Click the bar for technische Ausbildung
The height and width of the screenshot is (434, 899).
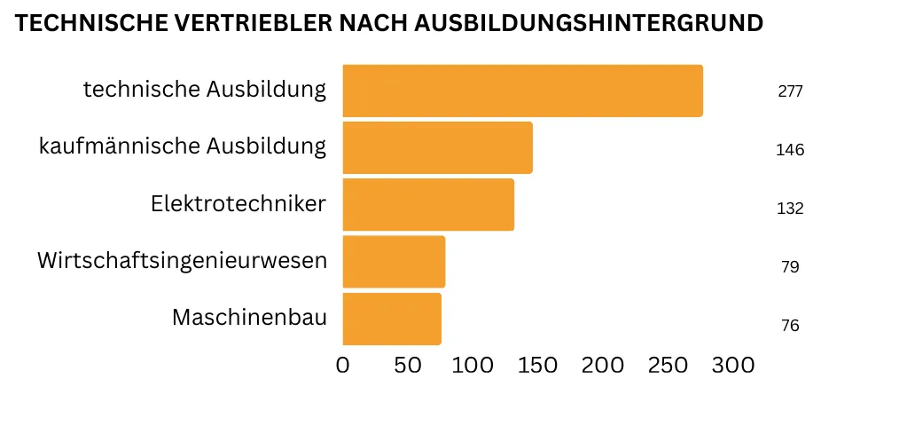[x=522, y=91]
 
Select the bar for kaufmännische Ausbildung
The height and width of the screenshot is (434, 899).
[x=437, y=147]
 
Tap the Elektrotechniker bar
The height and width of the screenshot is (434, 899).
[x=428, y=204]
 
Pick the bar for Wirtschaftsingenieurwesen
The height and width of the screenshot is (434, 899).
[x=394, y=261]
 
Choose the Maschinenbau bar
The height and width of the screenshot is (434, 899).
[x=392, y=319]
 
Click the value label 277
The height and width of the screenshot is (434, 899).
[x=790, y=91]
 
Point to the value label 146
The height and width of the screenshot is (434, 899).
[x=790, y=150]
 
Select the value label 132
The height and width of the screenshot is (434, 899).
[x=790, y=209]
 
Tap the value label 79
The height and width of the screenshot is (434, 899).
[x=790, y=267]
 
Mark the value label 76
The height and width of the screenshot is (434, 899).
[x=790, y=326]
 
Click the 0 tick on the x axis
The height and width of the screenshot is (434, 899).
[x=343, y=366]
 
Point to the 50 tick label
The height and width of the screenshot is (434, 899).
[x=407, y=366]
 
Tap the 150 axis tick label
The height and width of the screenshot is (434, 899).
[x=537, y=366]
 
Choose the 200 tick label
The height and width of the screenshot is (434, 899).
[x=603, y=366]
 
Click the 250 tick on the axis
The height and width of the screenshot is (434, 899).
[x=668, y=366]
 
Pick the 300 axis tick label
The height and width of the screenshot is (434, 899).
[x=732, y=366]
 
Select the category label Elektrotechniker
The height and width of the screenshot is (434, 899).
[x=238, y=204]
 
